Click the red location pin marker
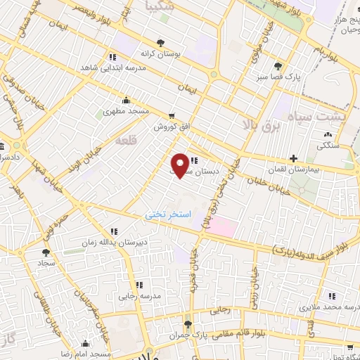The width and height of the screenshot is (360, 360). click(x=181, y=165)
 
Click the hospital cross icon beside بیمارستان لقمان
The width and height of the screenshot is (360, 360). click(x=294, y=158)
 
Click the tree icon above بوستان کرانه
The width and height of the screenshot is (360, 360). click(x=161, y=42)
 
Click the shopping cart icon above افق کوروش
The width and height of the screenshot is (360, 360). click(x=172, y=117)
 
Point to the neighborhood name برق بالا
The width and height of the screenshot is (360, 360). click(x=261, y=125)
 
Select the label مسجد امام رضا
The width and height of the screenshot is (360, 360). click(x=86, y=354)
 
